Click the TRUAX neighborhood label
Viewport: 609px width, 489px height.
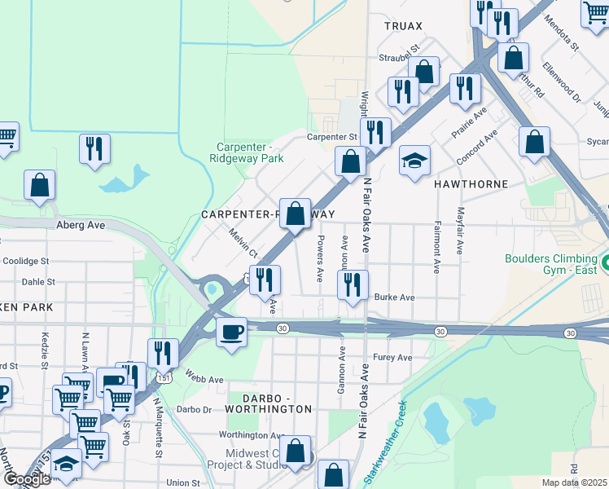[x=405, y=26]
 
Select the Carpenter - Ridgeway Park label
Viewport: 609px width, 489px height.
[x=247, y=152]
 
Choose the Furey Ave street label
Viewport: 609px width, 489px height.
[x=392, y=358]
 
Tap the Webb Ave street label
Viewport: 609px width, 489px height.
[x=204, y=380]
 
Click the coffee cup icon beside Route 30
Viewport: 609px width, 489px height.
[x=232, y=333]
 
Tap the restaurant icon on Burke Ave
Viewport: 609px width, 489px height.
[x=352, y=285]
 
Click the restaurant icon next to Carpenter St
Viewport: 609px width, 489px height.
[x=375, y=132]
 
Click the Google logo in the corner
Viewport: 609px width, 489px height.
[x=27, y=479]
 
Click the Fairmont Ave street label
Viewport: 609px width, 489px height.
[x=437, y=246]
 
